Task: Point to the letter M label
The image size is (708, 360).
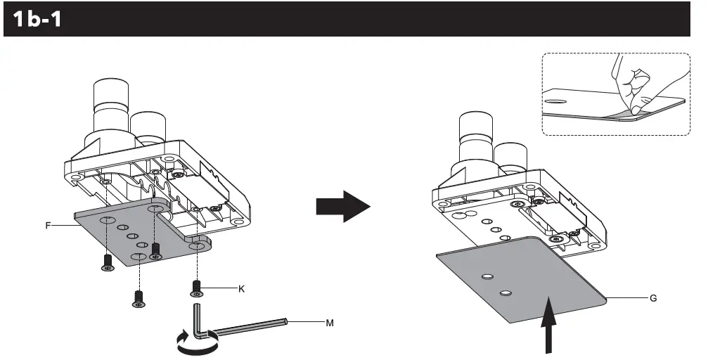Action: click(329, 323)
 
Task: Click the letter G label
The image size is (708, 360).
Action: click(653, 298)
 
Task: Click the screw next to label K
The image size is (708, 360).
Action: click(198, 286)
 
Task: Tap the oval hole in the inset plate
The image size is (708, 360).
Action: click(555, 101)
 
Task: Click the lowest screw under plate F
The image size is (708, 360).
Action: click(139, 298)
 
